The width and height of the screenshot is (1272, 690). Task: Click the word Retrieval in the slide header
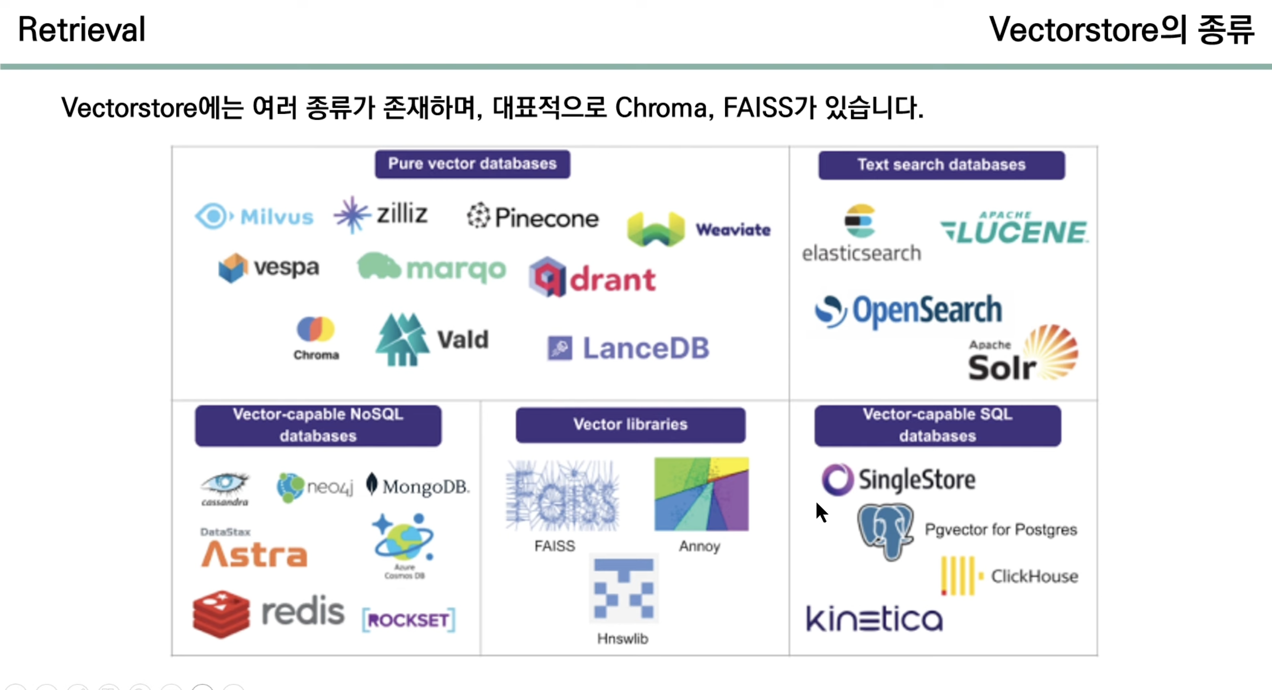point(81,29)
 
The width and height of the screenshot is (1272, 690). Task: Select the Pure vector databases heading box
point(472,164)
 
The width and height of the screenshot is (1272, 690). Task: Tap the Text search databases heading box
point(941,165)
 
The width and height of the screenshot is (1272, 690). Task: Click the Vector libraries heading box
point(630,425)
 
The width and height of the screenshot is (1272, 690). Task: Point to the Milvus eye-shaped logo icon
point(213,216)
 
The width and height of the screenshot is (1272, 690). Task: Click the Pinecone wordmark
point(546,218)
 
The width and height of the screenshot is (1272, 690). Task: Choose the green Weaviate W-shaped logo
point(656,229)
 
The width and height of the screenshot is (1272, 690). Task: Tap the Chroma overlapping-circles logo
point(315,329)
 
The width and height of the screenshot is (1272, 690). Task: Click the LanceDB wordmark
point(646,348)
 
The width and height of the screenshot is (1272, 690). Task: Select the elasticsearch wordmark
point(861,253)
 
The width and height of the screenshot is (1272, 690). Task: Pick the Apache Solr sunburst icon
point(1052,351)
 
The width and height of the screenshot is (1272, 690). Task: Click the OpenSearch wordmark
point(927,310)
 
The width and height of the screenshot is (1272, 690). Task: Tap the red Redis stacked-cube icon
point(221,613)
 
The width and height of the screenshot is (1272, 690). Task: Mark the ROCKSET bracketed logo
point(408,620)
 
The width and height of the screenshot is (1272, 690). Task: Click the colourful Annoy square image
point(701,494)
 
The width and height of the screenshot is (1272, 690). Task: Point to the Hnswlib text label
point(622,639)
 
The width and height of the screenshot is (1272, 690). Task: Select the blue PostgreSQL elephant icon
point(885,531)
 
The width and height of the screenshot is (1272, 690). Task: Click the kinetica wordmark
point(874,619)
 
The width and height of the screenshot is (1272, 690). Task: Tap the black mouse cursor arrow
point(821,512)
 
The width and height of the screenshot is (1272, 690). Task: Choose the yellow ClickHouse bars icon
point(958,575)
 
